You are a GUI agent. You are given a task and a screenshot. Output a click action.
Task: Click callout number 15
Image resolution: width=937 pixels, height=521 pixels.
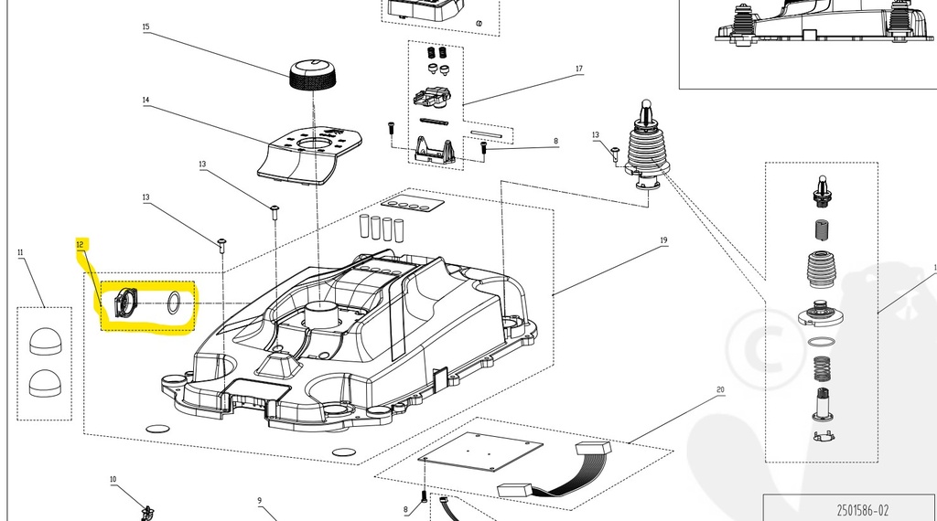tap(145, 27)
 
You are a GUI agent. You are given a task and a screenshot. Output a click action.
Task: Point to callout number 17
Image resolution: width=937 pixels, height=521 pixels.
tap(579, 69)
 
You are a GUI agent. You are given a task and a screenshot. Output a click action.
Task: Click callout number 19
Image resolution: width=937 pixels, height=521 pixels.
tap(663, 240)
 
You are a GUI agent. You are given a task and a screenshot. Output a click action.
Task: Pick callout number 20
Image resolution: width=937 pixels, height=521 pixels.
tap(720, 390)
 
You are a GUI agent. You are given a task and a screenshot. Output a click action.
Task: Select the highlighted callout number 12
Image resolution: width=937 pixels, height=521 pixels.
tap(80, 244)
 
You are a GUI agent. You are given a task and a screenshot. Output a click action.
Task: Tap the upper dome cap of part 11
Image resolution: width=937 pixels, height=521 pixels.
tap(43, 341)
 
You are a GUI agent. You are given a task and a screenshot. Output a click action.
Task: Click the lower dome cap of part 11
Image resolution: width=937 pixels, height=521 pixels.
tap(43, 382)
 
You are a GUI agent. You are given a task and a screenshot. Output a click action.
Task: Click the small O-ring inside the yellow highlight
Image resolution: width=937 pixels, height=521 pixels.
tap(175, 303)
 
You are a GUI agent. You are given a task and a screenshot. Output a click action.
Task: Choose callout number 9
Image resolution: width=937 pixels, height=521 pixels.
tap(259, 500)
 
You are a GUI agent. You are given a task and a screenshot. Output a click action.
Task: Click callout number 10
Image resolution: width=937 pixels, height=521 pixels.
tap(113, 479)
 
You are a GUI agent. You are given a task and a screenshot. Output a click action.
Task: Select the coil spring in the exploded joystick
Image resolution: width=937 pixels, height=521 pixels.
tap(822, 370)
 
